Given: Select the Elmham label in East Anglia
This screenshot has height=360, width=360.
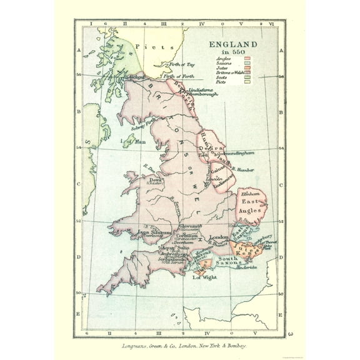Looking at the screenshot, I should pos(250,196).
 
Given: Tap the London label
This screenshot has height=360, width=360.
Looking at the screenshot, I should pos(218,237).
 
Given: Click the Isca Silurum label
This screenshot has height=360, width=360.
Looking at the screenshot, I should pos(150,232).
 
